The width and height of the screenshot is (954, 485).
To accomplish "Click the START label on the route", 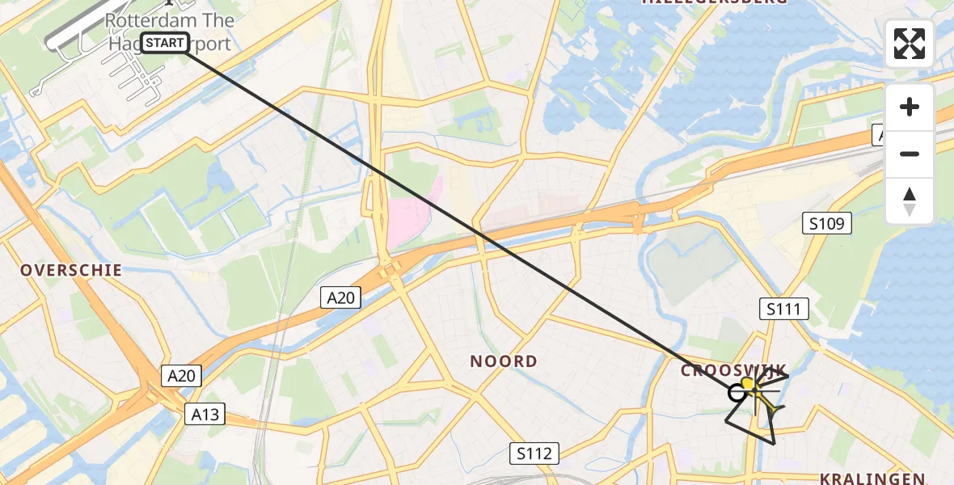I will pyautogui.click(x=165, y=43).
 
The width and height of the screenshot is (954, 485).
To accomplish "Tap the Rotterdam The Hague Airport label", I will pyautogui.click(x=171, y=31).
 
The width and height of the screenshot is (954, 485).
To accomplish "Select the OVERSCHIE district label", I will pyautogui.click(x=71, y=270).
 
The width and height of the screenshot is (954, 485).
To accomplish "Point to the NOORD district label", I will pyautogui.click(x=504, y=361).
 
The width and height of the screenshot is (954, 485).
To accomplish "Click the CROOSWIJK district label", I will pyautogui.click(x=732, y=370).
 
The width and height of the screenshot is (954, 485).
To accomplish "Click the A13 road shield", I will pyautogui.click(x=204, y=415).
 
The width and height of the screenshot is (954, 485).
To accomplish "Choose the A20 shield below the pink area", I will pyautogui.click(x=340, y=298).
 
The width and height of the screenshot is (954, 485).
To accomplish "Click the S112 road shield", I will pyautogui.click(x=535, y=453).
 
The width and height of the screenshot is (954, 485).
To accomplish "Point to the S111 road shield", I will pyautogui.click(x=783, y=308).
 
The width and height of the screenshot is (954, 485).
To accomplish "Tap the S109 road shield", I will pyautogui.click(x=826, y=224).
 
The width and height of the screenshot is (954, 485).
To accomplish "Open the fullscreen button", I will pyautogui.click(x=910, y=44).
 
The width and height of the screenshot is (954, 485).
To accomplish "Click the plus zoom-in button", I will pyautogui.click(x=910, y=107).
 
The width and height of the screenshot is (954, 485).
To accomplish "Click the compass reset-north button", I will pyautogui.click(x=910, y=201).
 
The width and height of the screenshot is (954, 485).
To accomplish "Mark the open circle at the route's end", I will pyautogui.click(x=737, y=393).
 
